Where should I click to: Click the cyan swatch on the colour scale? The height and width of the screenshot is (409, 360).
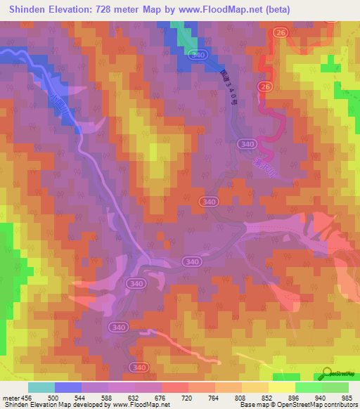[41, 387]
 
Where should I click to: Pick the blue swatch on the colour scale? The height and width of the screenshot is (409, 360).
[68, 387]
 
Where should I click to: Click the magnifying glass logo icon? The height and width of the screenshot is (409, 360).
[328, 374]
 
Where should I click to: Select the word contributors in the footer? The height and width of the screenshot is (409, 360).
[340, 405]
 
